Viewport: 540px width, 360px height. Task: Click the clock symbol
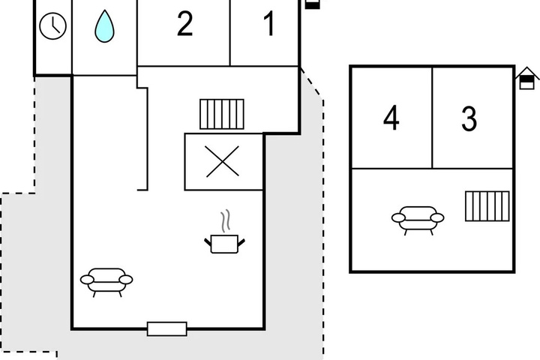point(52,25)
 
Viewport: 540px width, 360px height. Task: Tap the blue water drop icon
point(104,26)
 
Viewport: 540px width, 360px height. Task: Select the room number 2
point(184,24)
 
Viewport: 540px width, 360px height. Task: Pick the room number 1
point(269,23)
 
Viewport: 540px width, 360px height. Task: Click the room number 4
point(391,118)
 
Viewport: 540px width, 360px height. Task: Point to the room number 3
point(469,118)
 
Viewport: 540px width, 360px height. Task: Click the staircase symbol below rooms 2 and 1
point(222,114)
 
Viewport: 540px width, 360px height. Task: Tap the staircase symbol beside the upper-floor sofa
point(487,206)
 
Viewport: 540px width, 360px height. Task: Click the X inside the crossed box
point(222,161)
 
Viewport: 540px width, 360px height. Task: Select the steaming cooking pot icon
point(224,232)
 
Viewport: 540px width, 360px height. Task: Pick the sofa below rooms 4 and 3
point(418,220)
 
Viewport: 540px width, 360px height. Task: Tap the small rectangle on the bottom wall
point(167,329)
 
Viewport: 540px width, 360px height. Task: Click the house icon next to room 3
point(527,79)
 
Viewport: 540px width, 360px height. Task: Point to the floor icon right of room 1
point(312,4)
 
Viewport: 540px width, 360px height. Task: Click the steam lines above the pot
point(225,220)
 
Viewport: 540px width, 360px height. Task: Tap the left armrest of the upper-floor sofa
point(398,217)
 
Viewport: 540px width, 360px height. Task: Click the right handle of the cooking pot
point(241,242)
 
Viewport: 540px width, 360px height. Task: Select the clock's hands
point(55,27)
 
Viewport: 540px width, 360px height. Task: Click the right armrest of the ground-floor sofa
point(126,280)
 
